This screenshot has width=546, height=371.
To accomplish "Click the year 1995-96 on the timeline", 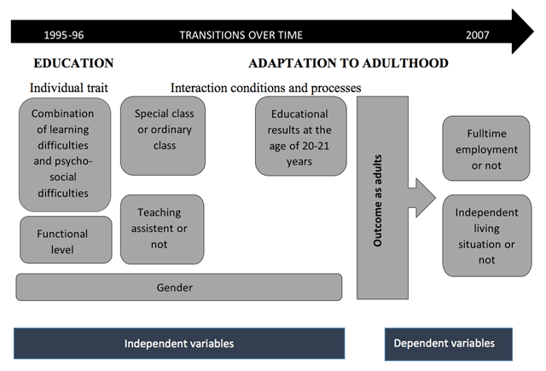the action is (64, 35).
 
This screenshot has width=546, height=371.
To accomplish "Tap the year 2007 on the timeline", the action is (478, 35).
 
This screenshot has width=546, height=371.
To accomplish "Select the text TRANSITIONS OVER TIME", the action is (241, 35).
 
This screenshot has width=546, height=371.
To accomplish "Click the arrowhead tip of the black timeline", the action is (533, 32).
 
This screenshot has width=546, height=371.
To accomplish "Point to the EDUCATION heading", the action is (73, 63).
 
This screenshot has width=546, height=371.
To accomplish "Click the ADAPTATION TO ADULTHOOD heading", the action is (348, 63).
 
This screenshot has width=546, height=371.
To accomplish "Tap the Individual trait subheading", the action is (68, 88).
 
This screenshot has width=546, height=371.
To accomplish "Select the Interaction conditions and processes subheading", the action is (265, 88).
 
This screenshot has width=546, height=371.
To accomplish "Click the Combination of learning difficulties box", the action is (65, 154).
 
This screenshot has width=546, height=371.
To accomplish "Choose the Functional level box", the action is (66, 240).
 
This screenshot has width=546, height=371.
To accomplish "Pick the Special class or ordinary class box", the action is (163, 136).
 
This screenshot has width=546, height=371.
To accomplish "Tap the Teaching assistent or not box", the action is (162, 229).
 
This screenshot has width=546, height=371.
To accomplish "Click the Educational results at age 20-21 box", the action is (301, 136).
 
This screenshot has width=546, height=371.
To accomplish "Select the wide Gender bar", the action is (179, 287).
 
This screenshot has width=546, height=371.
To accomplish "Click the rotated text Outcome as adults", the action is (377, 200).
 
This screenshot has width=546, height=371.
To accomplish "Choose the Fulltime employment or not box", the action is (486, 148).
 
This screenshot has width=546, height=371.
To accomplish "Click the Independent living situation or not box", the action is (487, 235).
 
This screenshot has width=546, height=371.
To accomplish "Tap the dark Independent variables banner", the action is (179, 344).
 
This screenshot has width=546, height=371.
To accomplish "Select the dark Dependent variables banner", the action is (449, 344).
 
